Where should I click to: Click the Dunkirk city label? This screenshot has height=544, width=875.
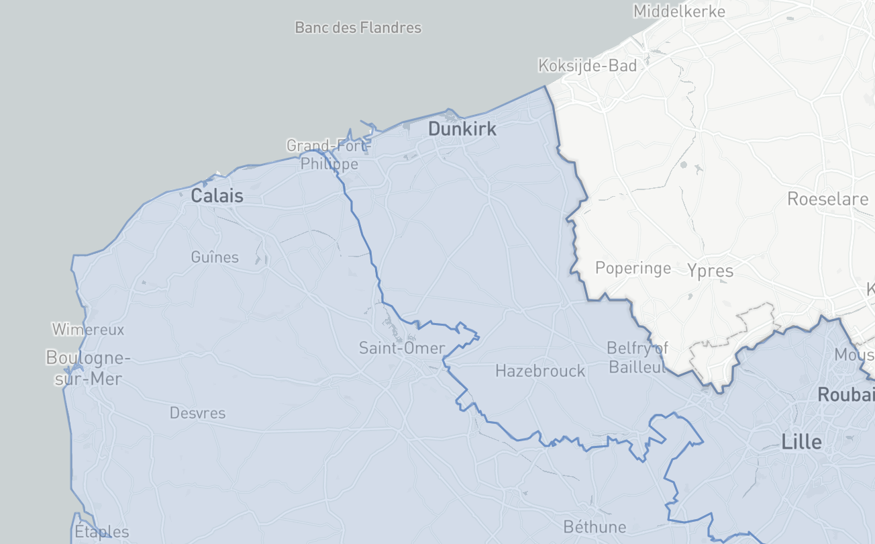coord(462,129)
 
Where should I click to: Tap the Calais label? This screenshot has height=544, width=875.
coord(217,196)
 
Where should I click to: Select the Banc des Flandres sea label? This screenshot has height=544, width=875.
coord(358,28)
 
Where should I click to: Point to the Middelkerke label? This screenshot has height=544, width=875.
coord(679,11)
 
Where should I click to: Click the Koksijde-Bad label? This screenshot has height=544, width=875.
coord(587,66)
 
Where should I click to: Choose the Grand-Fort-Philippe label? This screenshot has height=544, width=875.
coord(329,154)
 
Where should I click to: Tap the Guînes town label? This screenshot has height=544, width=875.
coord(215,257)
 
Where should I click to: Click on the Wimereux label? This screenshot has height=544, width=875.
coord(89,330)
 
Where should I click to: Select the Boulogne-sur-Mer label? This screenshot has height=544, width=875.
coord(88,368)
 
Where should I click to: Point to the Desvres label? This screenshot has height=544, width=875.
coord(197,413)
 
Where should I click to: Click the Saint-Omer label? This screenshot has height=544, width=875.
coord(402,348)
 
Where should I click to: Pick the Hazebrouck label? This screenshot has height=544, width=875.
coord(540,371)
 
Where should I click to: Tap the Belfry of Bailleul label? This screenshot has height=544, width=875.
coord(637,357)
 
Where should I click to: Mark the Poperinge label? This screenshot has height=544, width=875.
coord(633,269)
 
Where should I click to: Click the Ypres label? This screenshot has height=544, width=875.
coord(710,271)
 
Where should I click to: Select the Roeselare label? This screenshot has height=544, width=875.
coord(827,199)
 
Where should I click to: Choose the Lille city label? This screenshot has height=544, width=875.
coord(801,442)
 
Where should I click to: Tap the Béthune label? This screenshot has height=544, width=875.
coord(595,527)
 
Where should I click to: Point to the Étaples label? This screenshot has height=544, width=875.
coord(101,533)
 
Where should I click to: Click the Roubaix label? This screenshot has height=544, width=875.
coord(845,394)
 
